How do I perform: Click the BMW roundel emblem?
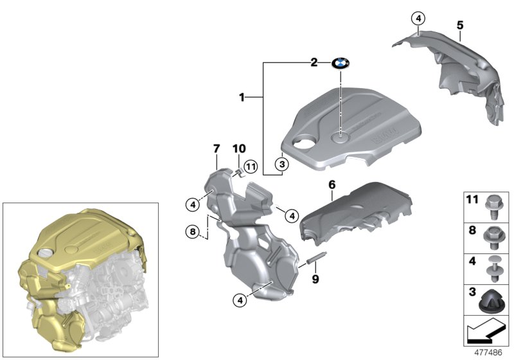click(x=340, y=63)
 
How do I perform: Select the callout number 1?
click(x=242, y=97)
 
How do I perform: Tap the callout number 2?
click(x=314, y=62)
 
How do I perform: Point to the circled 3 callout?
click(x=280, y=165)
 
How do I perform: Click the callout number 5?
click(x=460, y=25)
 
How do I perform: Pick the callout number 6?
click(x=332, y=185)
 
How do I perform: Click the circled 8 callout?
click(x=191, y=231)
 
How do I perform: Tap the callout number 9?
click(x=314, y=279)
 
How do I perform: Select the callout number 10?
click(x=238, y=149)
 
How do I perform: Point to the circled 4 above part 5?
click(x=418, y=19)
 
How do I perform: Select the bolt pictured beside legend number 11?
click(x=497, y=204)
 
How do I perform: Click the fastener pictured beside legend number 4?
click(x=497, y=265)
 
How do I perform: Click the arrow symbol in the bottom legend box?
click(x=488, y=332)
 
